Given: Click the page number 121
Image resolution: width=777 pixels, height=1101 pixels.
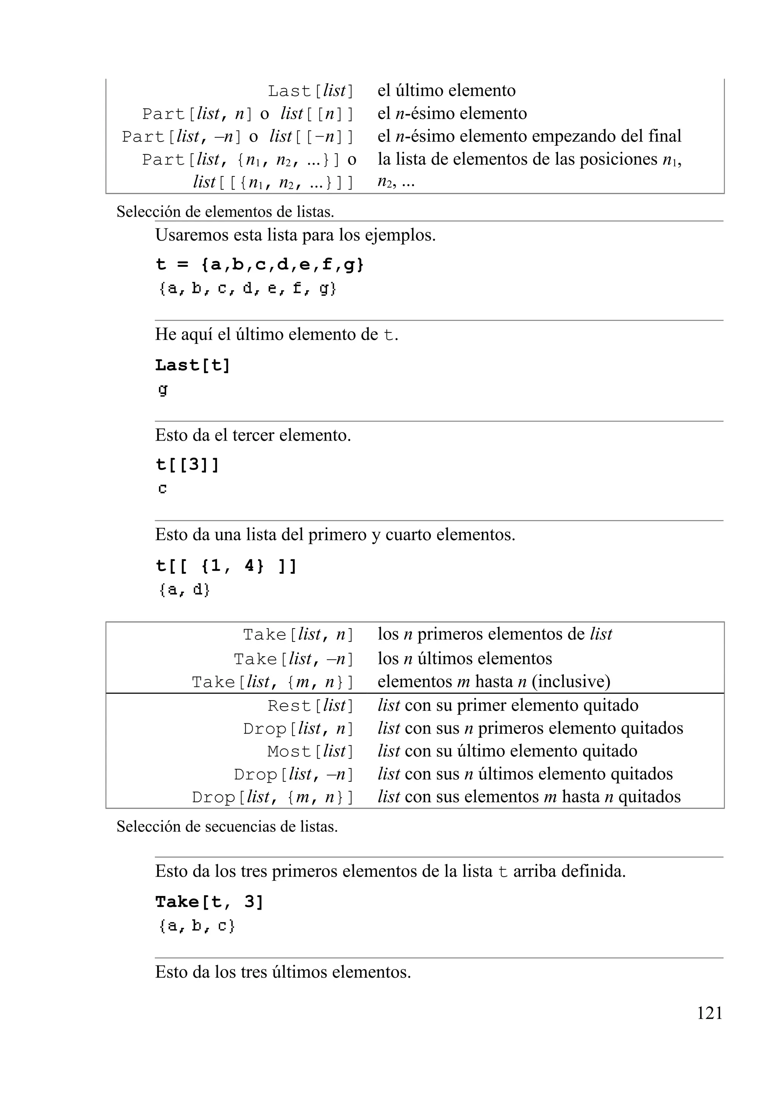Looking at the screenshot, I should pos(709,1013).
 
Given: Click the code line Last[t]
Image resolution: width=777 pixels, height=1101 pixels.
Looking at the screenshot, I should pos(193,365).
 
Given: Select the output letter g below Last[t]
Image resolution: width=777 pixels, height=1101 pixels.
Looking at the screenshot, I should pos(163,390).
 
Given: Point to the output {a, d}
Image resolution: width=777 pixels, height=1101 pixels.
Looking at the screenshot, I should pos(184,590).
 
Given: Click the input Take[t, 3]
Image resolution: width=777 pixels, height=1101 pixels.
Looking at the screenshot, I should pos(209,902).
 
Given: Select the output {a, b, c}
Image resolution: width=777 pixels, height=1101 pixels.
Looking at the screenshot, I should pos(197,926).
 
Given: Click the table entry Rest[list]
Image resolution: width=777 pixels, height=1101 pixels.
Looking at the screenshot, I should pos(310,706).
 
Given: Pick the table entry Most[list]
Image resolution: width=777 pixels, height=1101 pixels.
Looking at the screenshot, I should pos(310,751).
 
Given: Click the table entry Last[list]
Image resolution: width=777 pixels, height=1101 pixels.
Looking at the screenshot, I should pos(310,91).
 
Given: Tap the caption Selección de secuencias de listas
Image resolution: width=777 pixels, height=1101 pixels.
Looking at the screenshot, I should pos(227,827).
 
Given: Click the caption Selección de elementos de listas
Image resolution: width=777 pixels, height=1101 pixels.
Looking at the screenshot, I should pos(225,212).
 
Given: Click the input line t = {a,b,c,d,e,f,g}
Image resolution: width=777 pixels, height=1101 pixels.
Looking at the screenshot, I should pos(260,265).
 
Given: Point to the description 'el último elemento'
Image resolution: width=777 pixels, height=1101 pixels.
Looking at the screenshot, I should pos(446,91).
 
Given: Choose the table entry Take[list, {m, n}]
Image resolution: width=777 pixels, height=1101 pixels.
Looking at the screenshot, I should pos(272,682).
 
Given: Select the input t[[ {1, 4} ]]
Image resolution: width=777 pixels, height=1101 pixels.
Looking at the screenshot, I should pos(226,566).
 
